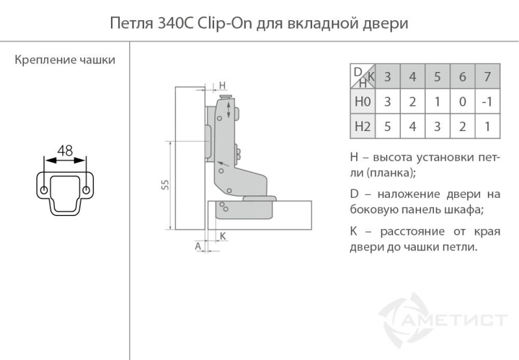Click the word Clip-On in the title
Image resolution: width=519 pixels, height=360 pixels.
click(224, 24)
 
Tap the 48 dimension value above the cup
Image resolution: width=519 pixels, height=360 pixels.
click(65, 151)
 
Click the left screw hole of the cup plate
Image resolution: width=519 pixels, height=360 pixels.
click(43, 191)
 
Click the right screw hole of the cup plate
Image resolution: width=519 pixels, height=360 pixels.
click(86, 190)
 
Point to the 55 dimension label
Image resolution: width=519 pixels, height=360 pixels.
click(165, 185)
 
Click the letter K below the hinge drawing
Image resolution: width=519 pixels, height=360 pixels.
click(223, 236)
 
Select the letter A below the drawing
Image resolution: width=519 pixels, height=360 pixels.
click(198, 246)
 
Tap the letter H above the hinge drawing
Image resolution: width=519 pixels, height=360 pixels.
click(222, 86)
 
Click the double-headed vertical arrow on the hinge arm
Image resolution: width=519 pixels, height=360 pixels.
click(228, 110)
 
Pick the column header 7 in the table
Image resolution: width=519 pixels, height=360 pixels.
click(487, 77)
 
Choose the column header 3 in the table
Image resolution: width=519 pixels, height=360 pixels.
click(387, 77)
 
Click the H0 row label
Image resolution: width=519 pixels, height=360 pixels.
click(363, 102)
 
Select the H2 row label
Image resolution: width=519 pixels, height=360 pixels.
click(363, 126)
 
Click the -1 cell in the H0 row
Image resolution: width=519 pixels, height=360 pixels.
click(487, 102)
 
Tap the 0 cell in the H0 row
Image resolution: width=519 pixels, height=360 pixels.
click(463, 102)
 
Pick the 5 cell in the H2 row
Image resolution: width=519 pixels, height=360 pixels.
click(387, 126)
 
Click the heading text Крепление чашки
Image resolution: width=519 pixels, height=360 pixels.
click(65, 60)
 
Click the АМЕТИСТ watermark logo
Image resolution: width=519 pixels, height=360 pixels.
click(442, 320)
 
